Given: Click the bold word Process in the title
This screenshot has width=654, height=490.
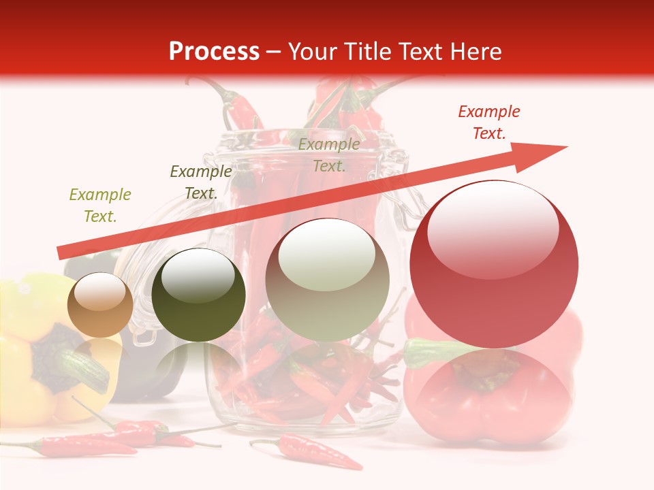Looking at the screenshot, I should click(214, 52).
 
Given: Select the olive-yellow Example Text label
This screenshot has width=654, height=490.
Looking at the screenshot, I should click(100, 205).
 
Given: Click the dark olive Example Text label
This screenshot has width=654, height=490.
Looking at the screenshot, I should click(201, 182).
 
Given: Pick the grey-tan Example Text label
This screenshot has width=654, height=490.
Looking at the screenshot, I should click(329, 154).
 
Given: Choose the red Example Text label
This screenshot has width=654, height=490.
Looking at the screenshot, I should click(489, 122).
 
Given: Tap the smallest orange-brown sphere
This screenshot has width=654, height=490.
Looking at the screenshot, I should click(101, 305).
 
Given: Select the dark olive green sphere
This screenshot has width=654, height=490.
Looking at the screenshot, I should click(198, 295).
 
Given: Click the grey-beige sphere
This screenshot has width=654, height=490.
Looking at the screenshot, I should click(327, 280).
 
